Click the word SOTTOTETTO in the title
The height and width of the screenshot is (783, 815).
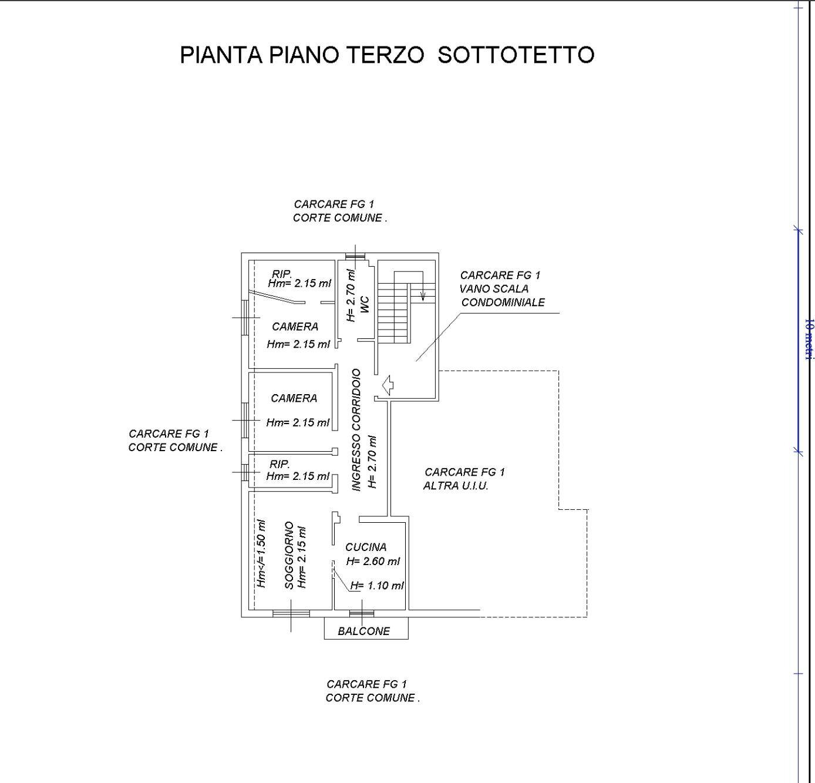(x=516, y=55)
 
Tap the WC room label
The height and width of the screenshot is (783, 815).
(x=365, y=304)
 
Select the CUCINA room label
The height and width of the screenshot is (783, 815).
(x=366, y=547)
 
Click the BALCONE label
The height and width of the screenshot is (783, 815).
(x=364, y=631)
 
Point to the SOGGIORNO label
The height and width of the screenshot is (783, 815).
(x=289, y=555)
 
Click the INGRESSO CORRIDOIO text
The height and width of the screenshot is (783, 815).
(x=356, y=430)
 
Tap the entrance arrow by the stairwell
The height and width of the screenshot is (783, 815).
(x=387, y=385)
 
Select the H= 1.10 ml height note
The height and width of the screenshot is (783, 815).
(x=377, y=586)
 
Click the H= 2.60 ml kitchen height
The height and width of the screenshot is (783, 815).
(x=373, y=561)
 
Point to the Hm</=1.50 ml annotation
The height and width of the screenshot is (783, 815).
(x=262, y=553)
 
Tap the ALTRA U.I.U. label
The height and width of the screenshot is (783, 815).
(x=456, y=486)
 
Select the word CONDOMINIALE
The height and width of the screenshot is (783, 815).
(x=503, y=303)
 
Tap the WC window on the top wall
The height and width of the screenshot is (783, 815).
(x=355, y=256)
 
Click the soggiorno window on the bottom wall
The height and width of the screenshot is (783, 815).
(x=291, y=614)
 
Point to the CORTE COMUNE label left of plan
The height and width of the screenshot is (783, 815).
(x=175, y=447)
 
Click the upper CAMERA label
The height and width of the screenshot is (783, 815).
(x=295, y=327)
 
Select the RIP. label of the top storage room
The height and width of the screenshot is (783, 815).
(x=282, y=274)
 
